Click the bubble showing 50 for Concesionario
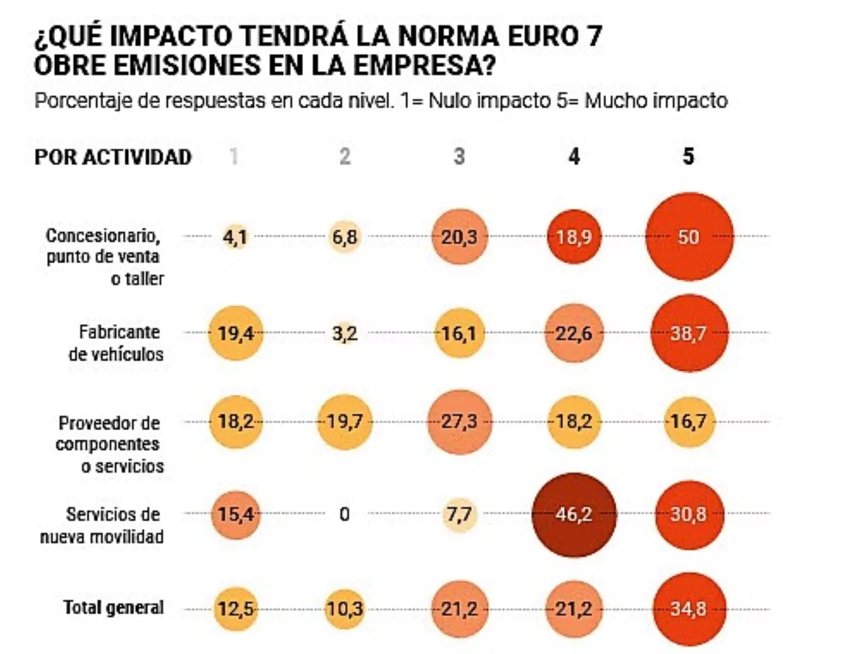point(689,236)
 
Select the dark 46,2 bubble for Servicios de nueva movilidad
point(574,515)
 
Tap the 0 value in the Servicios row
point(344,515)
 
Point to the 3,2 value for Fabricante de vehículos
point(345,334)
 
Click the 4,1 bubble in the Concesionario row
point(235,237)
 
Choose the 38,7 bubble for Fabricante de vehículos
point(689,333)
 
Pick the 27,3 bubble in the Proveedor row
point(459,422)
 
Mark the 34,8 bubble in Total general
point(689,609)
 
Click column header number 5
point(688,156)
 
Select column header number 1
point(234,156)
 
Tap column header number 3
point(459,156)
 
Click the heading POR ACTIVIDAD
point(113,157)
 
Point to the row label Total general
point(113,608)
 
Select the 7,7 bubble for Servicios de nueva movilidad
point(459,515)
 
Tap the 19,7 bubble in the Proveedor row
point(345,422)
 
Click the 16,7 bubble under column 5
point(689,422)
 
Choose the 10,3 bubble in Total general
point(345,609)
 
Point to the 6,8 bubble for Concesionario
point(345,237)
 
